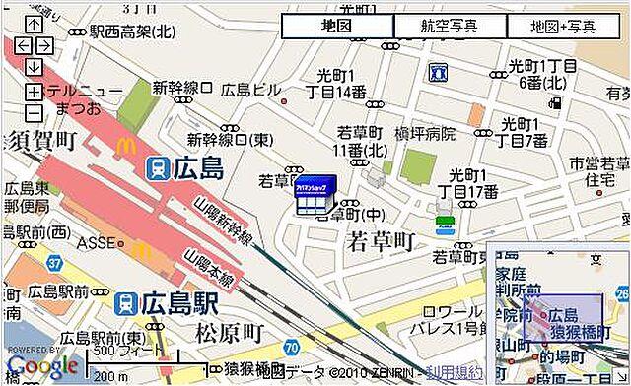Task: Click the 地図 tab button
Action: tap(337, 27)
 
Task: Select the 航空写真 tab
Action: tap(450, 27)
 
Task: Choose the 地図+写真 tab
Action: tap(563, 27)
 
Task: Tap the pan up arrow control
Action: tap(33, 24)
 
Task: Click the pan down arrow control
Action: tap(33, 67)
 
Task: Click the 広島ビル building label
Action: tap(250, 91)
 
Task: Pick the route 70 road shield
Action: tap(291, 348)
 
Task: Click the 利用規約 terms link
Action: tap(456, 373)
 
